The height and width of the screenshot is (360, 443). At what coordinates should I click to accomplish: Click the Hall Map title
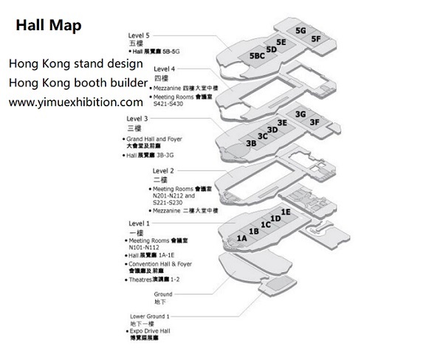point(49,25)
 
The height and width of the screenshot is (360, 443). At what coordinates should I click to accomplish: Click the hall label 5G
point(301,31)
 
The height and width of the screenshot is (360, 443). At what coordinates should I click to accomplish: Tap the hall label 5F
point(316,38)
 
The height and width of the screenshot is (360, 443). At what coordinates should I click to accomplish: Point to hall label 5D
point(271,49)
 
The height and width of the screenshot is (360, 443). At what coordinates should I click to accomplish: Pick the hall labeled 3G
point(300,114)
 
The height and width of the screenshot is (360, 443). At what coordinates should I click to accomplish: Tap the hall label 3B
point(251,143)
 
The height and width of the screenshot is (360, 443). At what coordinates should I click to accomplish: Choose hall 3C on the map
point(262,136)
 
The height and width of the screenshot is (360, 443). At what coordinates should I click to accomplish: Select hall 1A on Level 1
point(241,238)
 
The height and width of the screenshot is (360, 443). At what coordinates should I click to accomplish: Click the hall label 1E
point(286,212)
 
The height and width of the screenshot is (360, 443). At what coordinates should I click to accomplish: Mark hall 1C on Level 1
point(265,224)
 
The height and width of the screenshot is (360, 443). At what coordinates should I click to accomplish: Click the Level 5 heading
point(139,35)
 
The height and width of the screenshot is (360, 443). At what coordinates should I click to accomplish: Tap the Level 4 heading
point(165,69)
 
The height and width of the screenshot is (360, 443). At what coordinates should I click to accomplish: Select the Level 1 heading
point(138,224)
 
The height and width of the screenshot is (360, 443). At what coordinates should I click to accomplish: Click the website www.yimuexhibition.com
point(75,102)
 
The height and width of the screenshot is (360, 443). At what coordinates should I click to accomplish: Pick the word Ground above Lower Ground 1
point(163,294)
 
